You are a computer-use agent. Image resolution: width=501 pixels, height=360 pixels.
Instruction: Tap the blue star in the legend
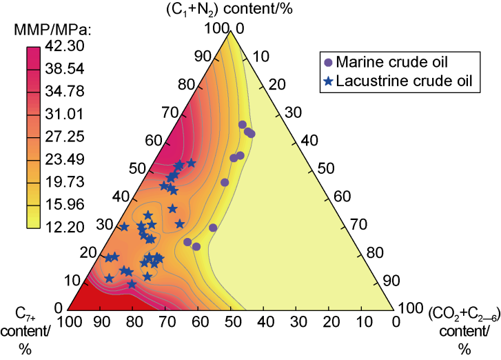coord(328,81)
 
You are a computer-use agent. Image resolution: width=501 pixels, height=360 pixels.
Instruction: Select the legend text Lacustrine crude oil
coord(406,81)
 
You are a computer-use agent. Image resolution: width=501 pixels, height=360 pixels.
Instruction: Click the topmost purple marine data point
coord(243,125)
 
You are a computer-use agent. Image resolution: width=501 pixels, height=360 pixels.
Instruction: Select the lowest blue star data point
coord(132,283)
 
